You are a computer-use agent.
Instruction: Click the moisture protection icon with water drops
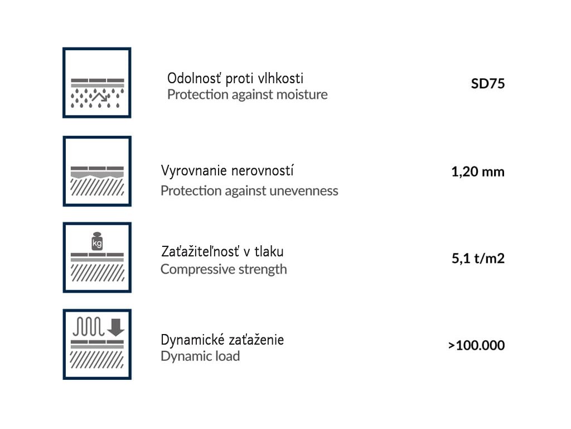(x=97, y=83)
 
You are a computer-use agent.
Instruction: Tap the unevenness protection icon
(x=97, y=171)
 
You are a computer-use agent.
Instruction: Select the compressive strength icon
(x=97, y=258)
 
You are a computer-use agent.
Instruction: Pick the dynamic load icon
(x=97, y=344)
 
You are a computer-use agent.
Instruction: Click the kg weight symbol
(x=97, y=242)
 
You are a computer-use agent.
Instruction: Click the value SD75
(x=487, y=85)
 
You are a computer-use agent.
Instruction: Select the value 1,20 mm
(x=478, y=171)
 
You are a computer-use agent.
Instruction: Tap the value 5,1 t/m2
(x=478, y=258)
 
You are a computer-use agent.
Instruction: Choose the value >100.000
(x=476, y=345)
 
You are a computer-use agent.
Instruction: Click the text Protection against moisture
(x=247, y=94)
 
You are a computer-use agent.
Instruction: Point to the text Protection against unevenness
(x=249, y=190)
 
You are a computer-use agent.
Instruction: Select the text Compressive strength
(x=224, y=269)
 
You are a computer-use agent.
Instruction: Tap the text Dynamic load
(x=200, y=356)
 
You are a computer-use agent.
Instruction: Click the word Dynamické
(x=188, y=340)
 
